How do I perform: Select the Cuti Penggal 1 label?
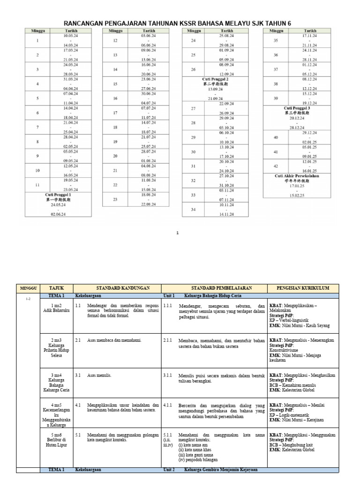[58, 194]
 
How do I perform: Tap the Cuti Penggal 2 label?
[215, 79]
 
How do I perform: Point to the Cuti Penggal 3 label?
[297, 108]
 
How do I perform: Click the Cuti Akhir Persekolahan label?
[297, 176]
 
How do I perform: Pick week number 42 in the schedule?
[276, 166]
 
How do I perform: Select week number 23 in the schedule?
[115, 199]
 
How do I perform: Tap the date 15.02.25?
[297, 195]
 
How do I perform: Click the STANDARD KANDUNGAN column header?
[117, 287]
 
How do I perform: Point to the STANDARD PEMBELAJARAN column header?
[214, 287]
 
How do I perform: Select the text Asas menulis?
[97, 375]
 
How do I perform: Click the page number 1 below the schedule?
[178, 232]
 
